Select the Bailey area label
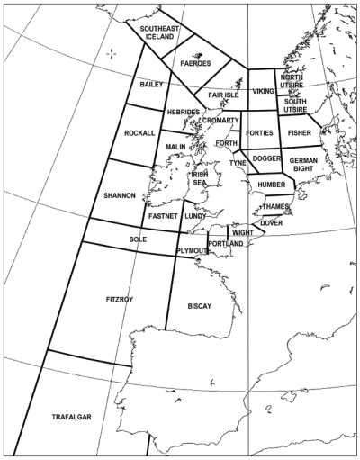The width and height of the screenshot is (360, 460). click(x=151, y=84)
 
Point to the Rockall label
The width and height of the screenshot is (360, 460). click(x=139, y=133)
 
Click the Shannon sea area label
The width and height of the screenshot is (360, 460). click(x=119, y=194)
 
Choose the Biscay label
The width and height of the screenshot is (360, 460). click(x=200, y=306)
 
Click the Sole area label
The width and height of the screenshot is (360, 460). click(x=138, y=239)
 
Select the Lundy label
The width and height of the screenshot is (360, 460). click(x=195, y=216)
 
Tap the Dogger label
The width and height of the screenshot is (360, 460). click(x=266, y=158)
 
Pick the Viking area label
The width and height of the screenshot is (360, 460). click(x=263, y=91)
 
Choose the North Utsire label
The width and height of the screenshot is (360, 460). click(x=292, y=82)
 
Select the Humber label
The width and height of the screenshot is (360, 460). click(x=271, y=185)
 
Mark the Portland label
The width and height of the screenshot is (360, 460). click(x=225, y=244)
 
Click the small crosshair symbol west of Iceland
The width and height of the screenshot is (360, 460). click(x=111, y=53)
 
